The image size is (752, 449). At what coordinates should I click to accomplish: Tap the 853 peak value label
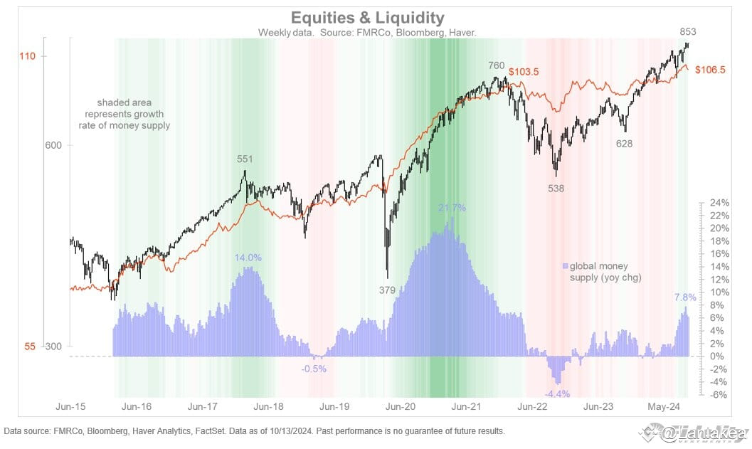pyautogui.click(x=688, y=31)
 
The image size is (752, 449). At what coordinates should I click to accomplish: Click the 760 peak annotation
pyautogui.click(x=496, y=65)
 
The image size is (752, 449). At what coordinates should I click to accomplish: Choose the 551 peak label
pyautogui.click(x=245, y=159)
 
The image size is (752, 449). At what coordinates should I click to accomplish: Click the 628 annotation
pyautogui.click(x=624, y=143)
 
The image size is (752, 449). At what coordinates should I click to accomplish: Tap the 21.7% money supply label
pyautogui.click(x=452, y=208)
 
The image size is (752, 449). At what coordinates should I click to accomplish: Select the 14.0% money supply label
pyautogui.click(x=248, y=258)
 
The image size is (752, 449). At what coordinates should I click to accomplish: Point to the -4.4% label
pyautogui.click(x=556, y=393)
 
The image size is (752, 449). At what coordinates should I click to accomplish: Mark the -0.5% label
pyautogui.click(x=313, y=368)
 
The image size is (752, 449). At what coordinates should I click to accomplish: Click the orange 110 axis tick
pyautogui.click(x=30, y=56)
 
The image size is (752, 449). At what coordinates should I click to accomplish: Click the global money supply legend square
pyautogui.click(x=566, y=266)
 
